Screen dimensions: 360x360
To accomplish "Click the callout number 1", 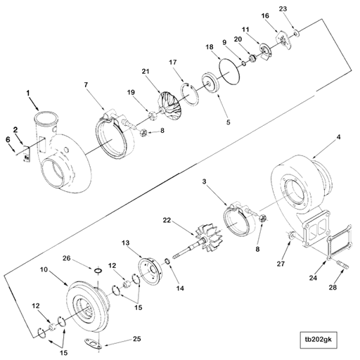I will point(29,93).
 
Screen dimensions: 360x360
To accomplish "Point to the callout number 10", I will point(44,269).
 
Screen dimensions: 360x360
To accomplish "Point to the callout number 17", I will point(172,63).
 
